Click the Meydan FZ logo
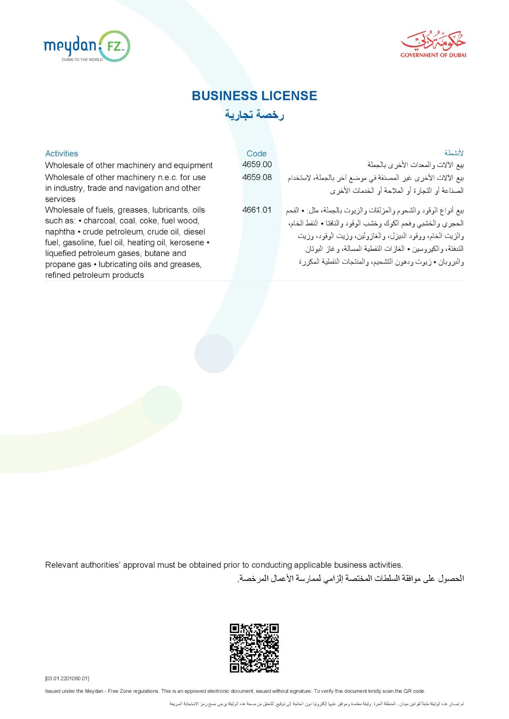pyautogui.click(x=87, y=46)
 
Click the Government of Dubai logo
pyautogui.click(x=433, y=44)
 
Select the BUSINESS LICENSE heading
pyautogui.click(x=254, y=96)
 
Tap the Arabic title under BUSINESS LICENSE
pyautogui.click(x=254, y=114)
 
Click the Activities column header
pyautogui.click(x=62, y=153)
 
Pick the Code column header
pyautogui.click(x=256, y=153)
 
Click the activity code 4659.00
pyautogui.click(x=257, y=164)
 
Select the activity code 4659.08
pyautogui.click(x=257, y=177)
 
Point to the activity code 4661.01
pyautogui.click(x=257, y=210)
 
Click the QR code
pyautogui.click(x=254, y=648)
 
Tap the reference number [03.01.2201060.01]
pyautogui.click(x=67, y=678)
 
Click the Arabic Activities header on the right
pyautogui.click(x=454, y=153)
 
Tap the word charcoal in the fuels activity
pyautogui.click(x=99, y=221)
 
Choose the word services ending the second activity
pyautogui.click(x=60, y=199)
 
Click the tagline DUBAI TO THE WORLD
pyautogui.click(x=82, y=60)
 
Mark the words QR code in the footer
pyautogui.click(x=414, y=691)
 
